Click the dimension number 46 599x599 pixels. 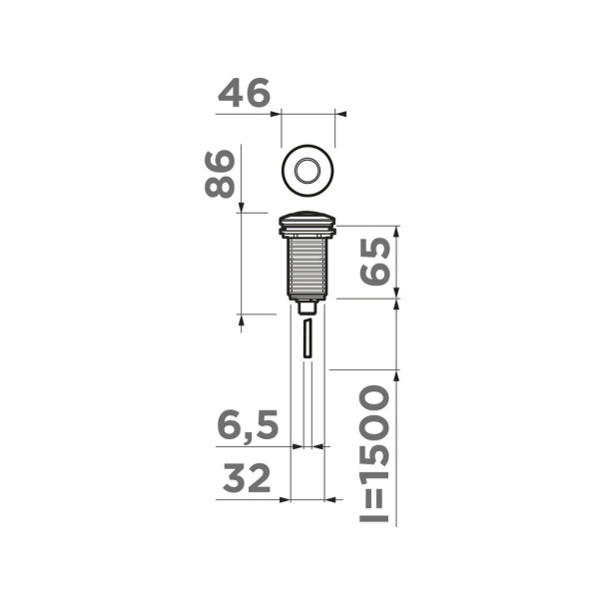245,94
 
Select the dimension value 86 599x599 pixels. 221,174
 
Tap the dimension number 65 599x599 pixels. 374,262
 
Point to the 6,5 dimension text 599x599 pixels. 247,426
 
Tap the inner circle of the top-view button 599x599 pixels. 309,169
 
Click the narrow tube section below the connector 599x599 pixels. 308,339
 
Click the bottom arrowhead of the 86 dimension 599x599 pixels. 242,319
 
